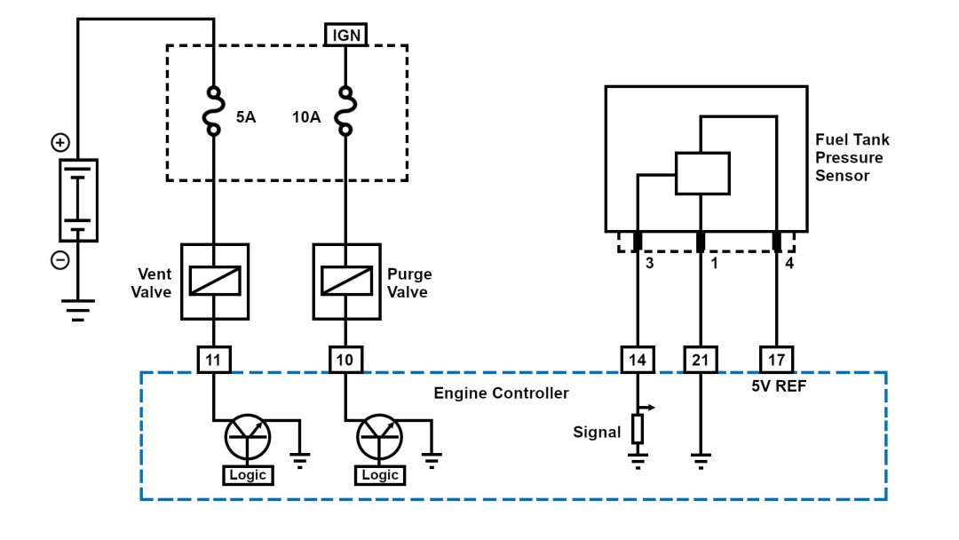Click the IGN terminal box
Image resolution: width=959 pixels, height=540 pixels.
tap(345, 35)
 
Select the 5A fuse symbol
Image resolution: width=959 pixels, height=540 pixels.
tap(213, 110)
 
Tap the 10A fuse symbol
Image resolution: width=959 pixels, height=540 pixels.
tap(345, 110)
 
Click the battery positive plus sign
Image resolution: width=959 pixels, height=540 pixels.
tap(59, 142)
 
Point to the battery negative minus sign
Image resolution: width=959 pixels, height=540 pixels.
tap(59, 260)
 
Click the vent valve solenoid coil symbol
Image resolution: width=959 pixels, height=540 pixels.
tap(214, 281)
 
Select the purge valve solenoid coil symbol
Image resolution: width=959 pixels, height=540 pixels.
tap(346, 281)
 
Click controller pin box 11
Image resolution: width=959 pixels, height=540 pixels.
tap(213, 359)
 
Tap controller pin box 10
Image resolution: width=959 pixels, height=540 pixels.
tap(345, 359)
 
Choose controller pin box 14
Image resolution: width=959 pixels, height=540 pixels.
tap(638, 359)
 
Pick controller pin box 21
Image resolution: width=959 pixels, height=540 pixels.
tap(701, 359)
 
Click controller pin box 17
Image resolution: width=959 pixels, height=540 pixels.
tap(777, 359)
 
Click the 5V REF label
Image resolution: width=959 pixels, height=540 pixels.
tap(777, 386)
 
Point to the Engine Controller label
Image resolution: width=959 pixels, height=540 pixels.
tap(501, 393)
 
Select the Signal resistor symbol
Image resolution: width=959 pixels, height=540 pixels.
tap(638, 429)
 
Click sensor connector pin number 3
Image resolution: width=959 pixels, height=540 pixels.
tap(650, 263)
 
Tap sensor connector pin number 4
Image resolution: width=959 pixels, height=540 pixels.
tap(789, 263)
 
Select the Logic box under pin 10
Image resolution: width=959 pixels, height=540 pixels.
tap(379, 475)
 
